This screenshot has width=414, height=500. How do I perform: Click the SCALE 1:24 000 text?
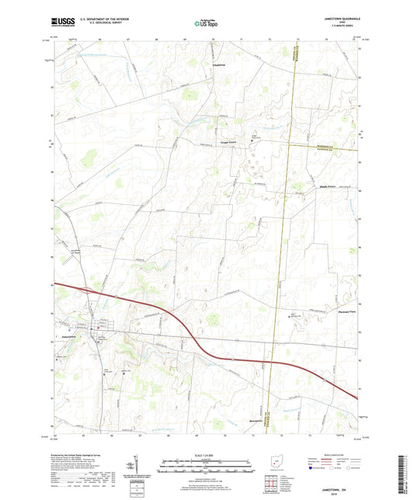tap(207, 455)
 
